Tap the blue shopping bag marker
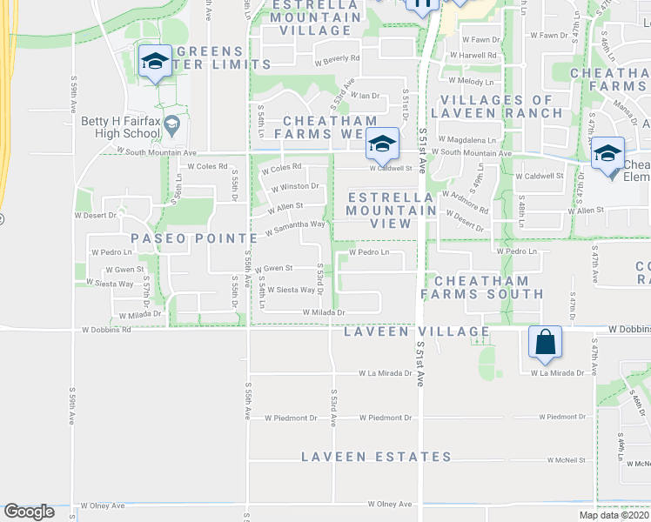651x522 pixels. (x=545, y=343)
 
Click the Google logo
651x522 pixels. (x=29, y=512)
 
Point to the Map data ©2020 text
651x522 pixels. (x=614, y=515)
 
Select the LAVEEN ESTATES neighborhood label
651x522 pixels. (x=377, y=457)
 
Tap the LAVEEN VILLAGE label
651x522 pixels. (x=416, y=331)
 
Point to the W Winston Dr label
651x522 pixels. (x=295, y=187)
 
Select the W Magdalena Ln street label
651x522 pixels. (x=473, y=139)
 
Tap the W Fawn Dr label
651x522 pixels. (x=480, y=40)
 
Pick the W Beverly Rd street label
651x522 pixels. (x=338, y=59)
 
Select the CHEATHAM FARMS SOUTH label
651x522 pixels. (x=480, y=287)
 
